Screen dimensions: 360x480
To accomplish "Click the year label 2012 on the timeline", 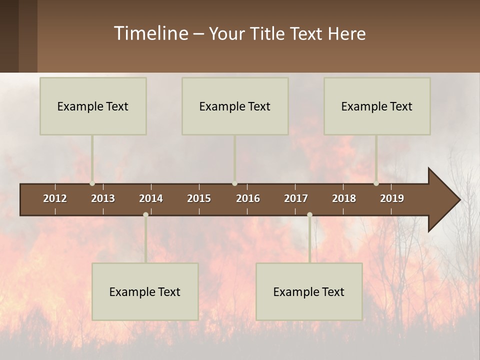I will (55, 198).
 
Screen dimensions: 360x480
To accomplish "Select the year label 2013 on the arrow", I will (103, 198).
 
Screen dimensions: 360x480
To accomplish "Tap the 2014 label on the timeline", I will (151, 198).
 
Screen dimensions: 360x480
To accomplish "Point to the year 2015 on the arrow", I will (199, 198).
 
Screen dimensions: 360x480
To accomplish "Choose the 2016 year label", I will (248, 198).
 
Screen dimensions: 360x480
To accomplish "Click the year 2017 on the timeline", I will (296, 198).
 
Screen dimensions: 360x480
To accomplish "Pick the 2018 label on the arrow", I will (344, 198).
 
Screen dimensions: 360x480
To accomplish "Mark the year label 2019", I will (392, 198).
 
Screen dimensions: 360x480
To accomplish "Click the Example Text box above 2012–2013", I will (93, 106).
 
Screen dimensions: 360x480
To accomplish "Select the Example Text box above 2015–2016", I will (235, 106).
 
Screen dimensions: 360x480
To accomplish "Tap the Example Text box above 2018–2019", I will (377, 106).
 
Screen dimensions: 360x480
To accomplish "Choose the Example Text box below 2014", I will (145, 291).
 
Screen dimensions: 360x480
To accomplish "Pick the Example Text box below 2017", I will (309, 291).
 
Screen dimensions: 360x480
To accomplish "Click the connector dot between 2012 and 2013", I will (92, 183).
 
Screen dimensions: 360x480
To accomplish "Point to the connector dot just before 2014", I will (145, 214).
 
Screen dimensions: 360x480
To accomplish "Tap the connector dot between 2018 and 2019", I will (376, 183).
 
